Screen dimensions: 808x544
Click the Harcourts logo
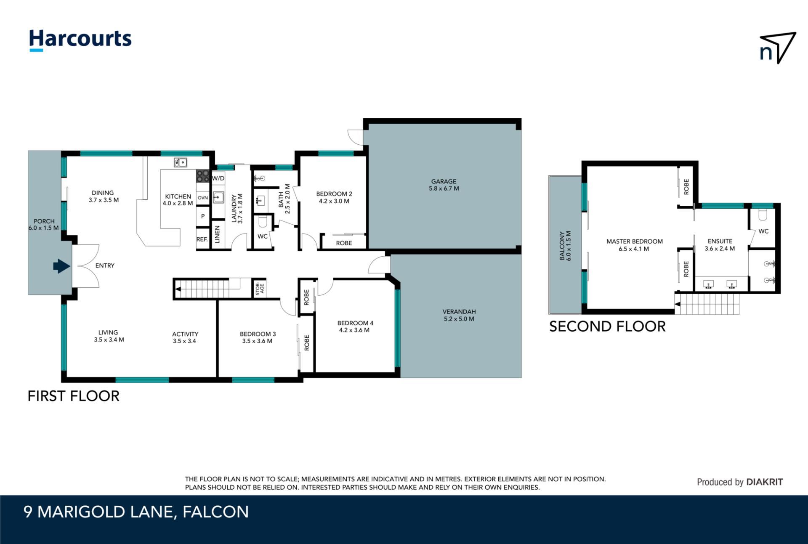80,40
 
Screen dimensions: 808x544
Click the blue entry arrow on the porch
61,266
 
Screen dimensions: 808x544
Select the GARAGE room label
444,181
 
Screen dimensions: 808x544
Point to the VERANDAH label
459,311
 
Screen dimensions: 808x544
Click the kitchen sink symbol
181,162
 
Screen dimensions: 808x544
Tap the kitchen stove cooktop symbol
202,176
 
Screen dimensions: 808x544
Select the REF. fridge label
202,239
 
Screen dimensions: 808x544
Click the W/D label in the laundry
218,178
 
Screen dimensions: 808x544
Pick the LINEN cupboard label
217,234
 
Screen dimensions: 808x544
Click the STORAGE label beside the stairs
260,289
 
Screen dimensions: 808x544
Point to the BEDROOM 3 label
258,334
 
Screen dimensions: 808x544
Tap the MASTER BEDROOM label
635,241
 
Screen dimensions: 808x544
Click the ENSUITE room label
720,241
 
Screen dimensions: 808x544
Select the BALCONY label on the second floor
562,245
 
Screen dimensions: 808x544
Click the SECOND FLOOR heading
607,326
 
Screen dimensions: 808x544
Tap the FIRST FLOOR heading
74,396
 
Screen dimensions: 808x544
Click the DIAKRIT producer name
764,482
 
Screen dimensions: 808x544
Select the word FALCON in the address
215,512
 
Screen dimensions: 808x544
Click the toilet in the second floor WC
763,215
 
